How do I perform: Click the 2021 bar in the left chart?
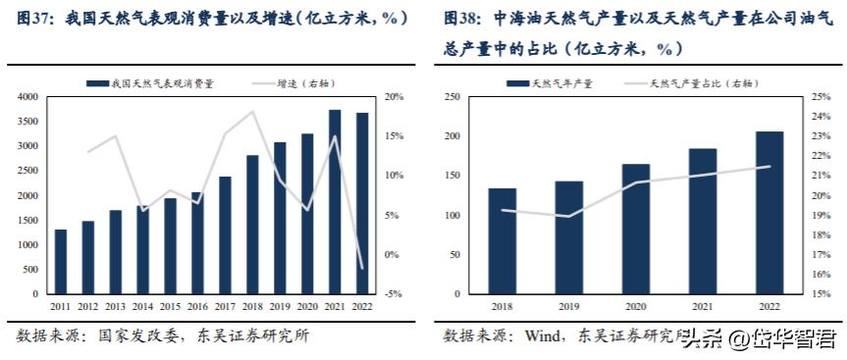coord(335,202)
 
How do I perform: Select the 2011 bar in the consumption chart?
coord(61,262)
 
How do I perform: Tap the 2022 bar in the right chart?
coord(769,213)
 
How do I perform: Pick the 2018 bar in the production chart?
coord(502,241)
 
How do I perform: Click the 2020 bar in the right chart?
coord(636,229)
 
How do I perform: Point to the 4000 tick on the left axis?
coord(27,97)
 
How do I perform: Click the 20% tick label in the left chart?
coord(395,97)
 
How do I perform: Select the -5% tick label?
coord(394,294)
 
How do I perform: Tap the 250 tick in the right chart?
coord(453,97)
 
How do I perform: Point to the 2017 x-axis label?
coord(226,307)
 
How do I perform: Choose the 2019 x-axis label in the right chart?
coord(568,307)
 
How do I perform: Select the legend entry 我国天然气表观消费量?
coord(162,84)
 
